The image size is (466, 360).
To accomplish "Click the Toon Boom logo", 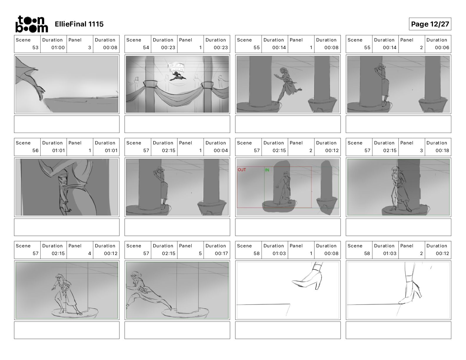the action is (32, 24).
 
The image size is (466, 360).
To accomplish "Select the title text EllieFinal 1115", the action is (79, 24).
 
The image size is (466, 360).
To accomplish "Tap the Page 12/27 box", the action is (430, 24).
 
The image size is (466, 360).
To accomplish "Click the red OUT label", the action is (242, 170).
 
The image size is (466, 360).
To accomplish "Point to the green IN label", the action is (267, 170).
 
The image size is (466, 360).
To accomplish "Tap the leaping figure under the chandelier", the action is (178, 76).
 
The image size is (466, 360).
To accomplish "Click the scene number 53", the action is (35, 48).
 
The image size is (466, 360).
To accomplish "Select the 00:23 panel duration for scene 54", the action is (221, 48).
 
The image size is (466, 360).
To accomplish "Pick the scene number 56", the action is (35, 151).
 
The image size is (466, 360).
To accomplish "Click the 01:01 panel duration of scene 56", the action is (111, 151).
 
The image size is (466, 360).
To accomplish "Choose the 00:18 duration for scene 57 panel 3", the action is (442, 151).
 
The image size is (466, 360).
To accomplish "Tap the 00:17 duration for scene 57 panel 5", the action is (221, 254).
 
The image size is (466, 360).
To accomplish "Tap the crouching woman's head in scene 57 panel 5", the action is (136, 275).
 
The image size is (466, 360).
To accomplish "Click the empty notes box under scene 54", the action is (177, 124).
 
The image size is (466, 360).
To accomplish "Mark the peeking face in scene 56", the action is (63, 180).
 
